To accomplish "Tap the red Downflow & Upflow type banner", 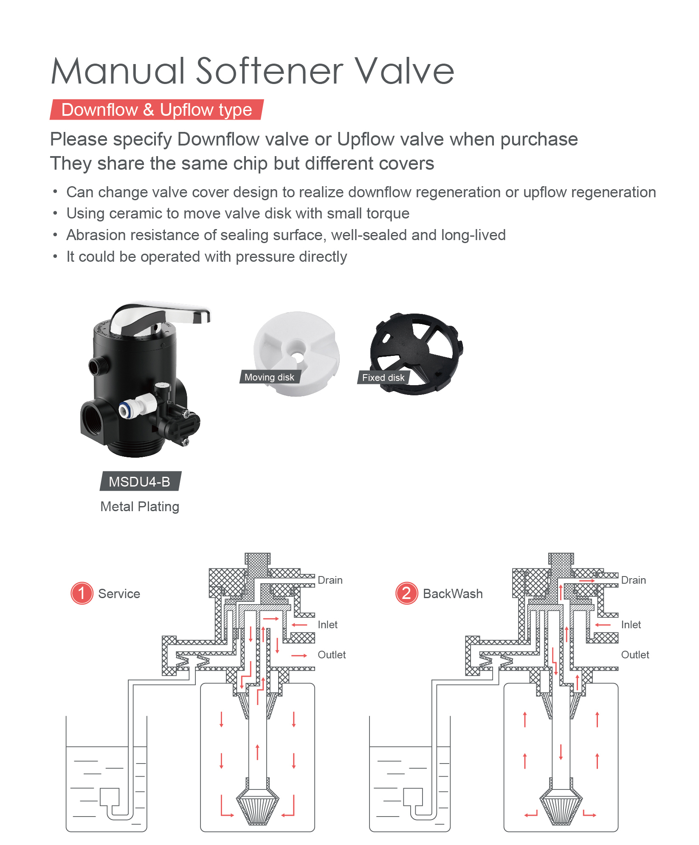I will [156, 110].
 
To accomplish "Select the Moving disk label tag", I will [269, 377].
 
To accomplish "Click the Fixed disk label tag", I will [383, 378].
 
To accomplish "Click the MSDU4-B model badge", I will [139, 481].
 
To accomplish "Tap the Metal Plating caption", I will [140, 506].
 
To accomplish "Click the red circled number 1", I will [82, 593].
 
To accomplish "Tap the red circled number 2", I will [406, 593].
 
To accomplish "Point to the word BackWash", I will [453, 593].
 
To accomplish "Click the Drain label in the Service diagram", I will [330, 580].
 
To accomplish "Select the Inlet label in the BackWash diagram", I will [631, 624].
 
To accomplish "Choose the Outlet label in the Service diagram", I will [332, 655].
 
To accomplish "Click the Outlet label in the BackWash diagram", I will [635, 655].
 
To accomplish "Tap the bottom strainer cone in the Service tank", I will [257, 808].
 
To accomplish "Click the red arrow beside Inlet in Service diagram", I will [299, 625].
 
